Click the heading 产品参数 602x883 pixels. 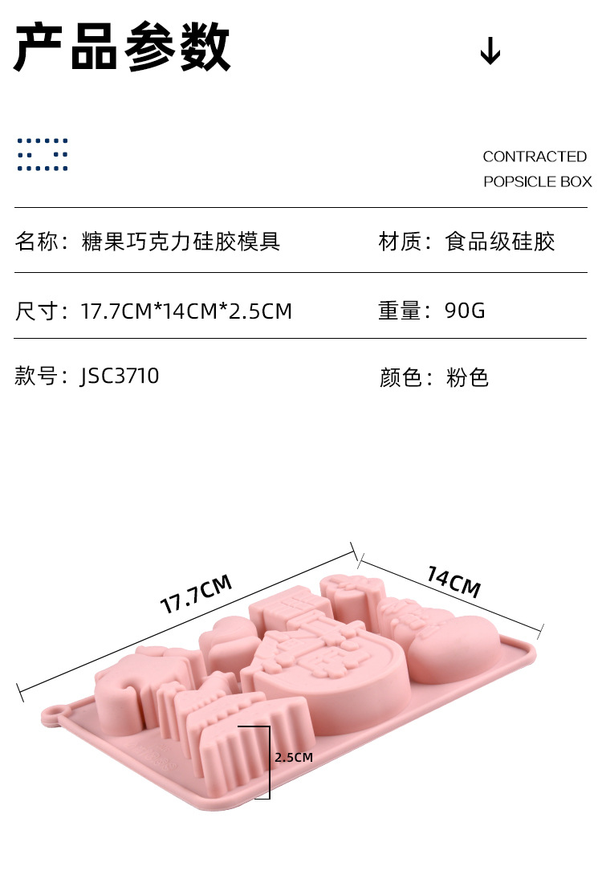[x=123, y=48]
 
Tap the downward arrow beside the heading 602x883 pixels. [x=490, y=52]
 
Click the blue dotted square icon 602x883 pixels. [x=43, y=154]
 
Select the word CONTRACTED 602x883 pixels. [x=535, y=157]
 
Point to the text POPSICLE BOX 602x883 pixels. [x=537, y=181]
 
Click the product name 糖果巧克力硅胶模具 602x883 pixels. [x=181, y=241]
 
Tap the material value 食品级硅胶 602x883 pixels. [x=500, y=241]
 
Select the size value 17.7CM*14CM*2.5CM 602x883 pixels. [x=187, y=311]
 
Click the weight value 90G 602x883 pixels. [x=466, y=311]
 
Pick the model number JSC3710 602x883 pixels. [x=120, y=376]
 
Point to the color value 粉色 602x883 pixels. [x=467, y=377]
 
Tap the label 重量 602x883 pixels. [x=400, y=311]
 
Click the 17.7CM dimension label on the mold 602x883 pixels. [x=197, y=594]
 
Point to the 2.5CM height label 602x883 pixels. [x=293, y=757]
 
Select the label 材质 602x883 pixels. [x=400, y=241]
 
